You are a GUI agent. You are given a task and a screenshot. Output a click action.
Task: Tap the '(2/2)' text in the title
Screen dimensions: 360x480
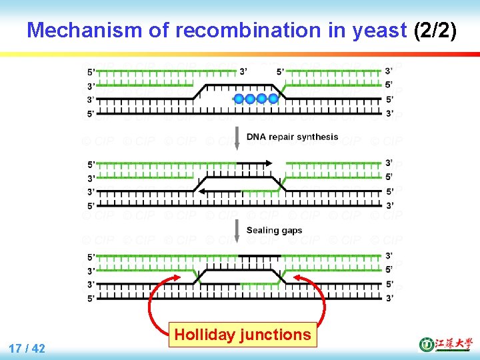point(435,30)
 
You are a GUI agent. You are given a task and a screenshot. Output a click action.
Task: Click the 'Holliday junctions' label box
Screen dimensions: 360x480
point(243,335)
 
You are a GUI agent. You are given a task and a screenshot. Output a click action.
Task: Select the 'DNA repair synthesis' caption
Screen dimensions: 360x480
point(292,137)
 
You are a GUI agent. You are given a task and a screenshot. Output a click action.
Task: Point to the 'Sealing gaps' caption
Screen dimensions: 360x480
point(274,230)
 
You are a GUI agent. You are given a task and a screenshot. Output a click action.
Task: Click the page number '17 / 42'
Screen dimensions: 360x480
point(27,348)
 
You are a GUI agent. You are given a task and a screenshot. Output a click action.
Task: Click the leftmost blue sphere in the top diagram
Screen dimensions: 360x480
point(239,99)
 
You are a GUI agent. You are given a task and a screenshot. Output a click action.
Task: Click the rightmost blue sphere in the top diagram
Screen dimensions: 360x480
point(273,99)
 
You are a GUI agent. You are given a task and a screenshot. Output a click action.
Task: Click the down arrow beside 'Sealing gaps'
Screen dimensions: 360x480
point(237,230)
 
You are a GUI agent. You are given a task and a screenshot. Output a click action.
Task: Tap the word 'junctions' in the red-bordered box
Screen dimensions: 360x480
point(275,335)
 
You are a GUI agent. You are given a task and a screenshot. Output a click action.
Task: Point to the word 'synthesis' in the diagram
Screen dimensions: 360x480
point(316,137)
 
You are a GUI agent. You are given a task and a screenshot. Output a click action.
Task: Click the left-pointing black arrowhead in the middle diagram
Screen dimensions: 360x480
point(199,191)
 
